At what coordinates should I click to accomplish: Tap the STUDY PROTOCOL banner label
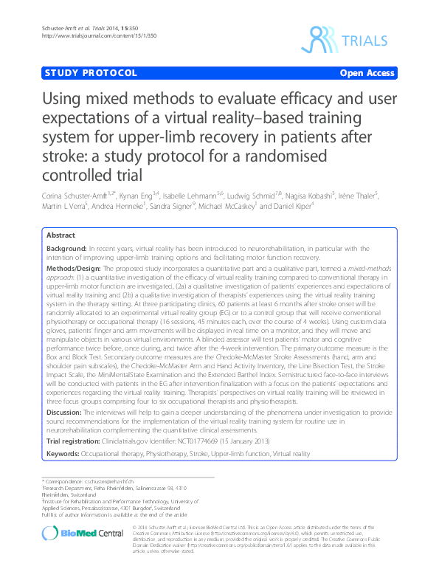point(91,73)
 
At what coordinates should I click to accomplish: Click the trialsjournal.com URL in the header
point(82,35)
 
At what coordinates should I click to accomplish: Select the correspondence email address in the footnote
point(106,481)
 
